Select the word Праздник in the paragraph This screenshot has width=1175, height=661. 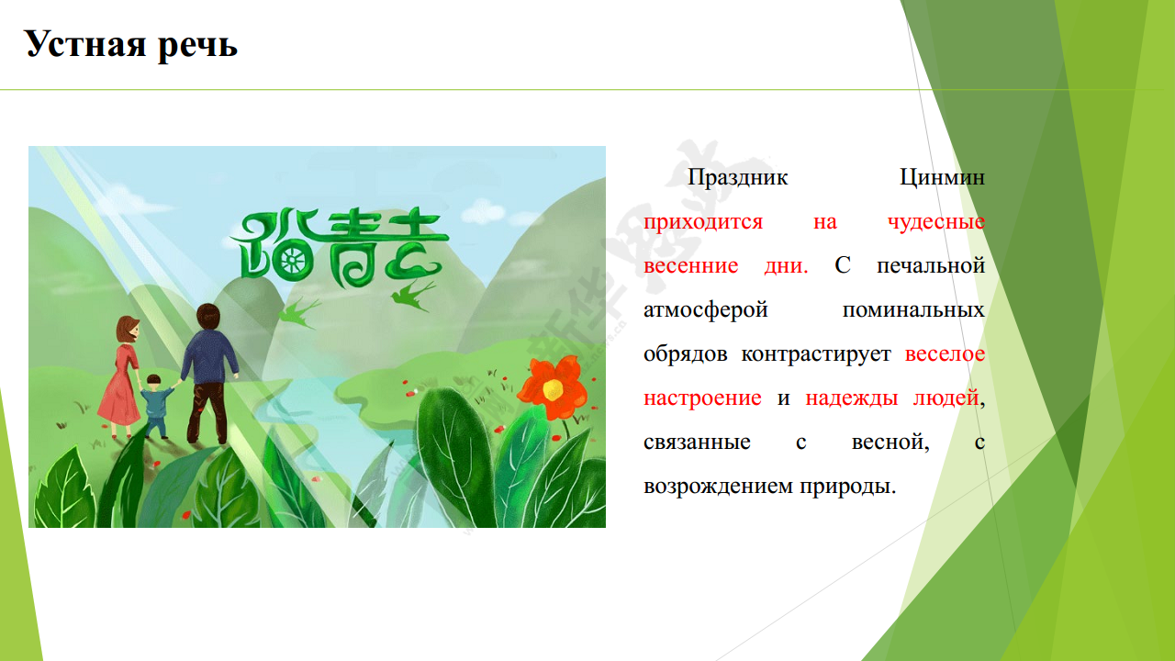(737, 178)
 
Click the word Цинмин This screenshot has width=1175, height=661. (942, 178)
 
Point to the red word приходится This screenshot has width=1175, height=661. (703, 222)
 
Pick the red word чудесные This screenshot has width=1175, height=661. (936, 222)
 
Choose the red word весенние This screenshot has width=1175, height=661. (691, 266)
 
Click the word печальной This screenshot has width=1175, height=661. (931, 266)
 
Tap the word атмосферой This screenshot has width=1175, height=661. (706, 310)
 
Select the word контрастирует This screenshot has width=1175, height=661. (816, 354)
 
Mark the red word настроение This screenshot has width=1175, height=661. (702, 398)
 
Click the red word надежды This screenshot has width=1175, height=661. (851, 398)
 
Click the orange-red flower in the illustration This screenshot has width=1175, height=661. (553, 387)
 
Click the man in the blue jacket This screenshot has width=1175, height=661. (208, 374)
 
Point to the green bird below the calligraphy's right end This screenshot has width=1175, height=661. (412, 296)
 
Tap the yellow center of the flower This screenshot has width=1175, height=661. (553, 389)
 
